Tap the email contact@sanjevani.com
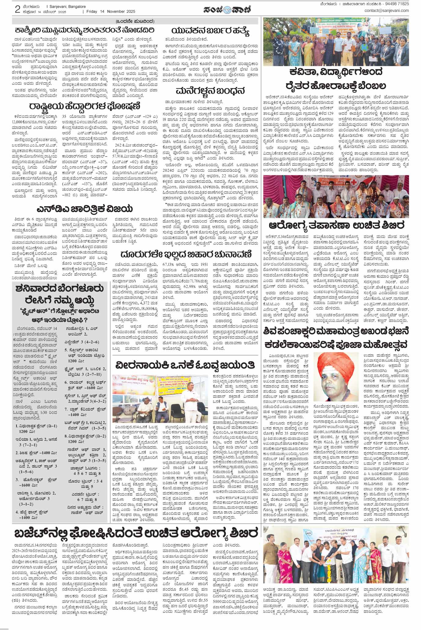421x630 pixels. pyautogui.click(x=386, y=11)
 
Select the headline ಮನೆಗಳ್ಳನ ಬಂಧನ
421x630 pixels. pyautogui.click(x=210, y=91)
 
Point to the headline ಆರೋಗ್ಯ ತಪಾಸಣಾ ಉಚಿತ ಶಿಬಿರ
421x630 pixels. pyautogui.click(x=336, y=225)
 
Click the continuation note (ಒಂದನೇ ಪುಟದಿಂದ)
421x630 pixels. pyautogui.click(x=135, y=21)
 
